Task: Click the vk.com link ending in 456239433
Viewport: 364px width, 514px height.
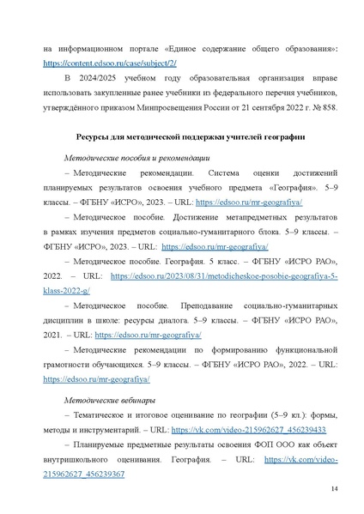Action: (x=237, y=430)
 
